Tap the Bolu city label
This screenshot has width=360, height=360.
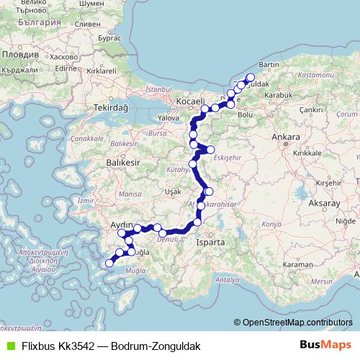246,114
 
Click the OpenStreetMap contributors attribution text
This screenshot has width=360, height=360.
297,323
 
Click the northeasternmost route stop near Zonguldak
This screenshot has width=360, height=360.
251,78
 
